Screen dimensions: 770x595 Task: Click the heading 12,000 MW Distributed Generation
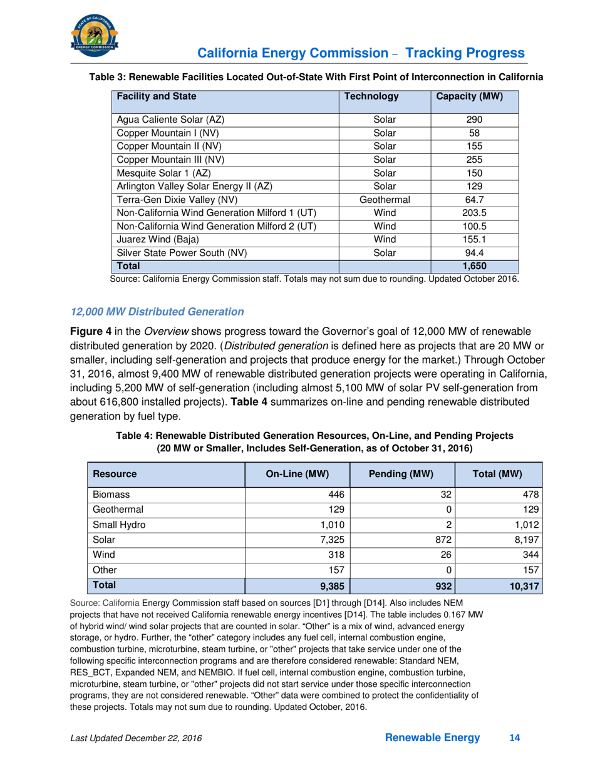pyautogui.click(x=157, y=311)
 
